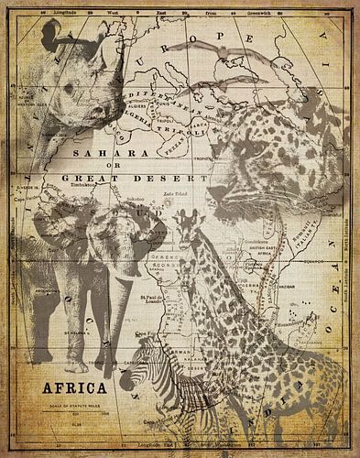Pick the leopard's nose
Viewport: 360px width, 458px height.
tap(219, 192)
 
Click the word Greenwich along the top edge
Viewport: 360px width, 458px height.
tap(246, 12)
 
